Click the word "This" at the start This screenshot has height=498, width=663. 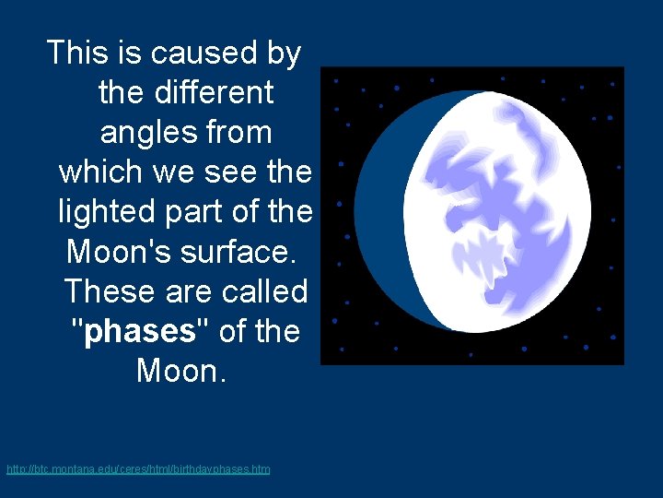pyautogui.click(x=77, y=53)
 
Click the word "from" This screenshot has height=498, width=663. pyautogui.click(x=239, y=133)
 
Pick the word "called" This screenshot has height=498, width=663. pyautogui.click(x=262, y=291)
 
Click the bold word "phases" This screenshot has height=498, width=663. pyautogui.click(x=140, y=331)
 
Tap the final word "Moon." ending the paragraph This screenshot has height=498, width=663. pyautogui.click(x=180, y=371)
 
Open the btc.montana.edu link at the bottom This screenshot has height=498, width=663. pyautogui.click(x=138, y=469)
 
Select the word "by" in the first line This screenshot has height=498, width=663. pyautogui.click(x=284, y=54)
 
